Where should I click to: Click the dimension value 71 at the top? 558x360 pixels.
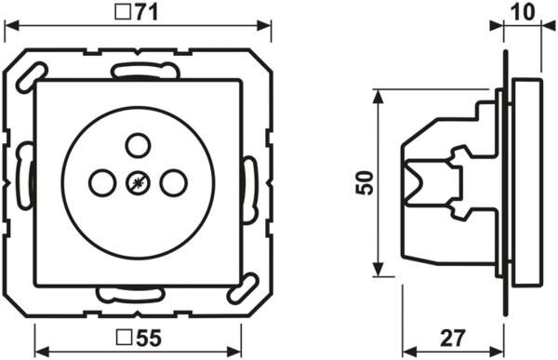click(144, 13)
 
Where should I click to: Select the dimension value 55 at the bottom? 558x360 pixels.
click(148, 338)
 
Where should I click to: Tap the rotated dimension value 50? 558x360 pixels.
click(365, 182)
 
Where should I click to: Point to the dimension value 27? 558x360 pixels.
click(453, 338)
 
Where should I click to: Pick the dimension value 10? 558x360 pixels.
click(523, 12)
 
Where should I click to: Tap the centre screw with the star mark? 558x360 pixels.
click(138, 183)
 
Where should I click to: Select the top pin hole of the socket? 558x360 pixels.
click(139, 145)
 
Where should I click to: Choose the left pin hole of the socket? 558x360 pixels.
click(102, 183)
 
